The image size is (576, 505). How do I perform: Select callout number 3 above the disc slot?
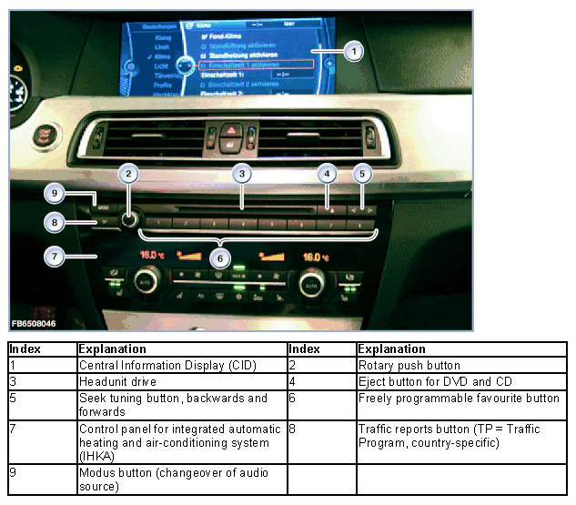tap(240, 173)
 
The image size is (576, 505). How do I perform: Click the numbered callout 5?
tap(361, 173)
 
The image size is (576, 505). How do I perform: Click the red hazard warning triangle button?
tap(231, 130)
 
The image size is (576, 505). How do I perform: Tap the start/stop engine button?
tap(44, 136)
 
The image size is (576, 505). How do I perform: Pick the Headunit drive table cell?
tap(117, 382)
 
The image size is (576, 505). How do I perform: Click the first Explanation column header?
tap(112, 349)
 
